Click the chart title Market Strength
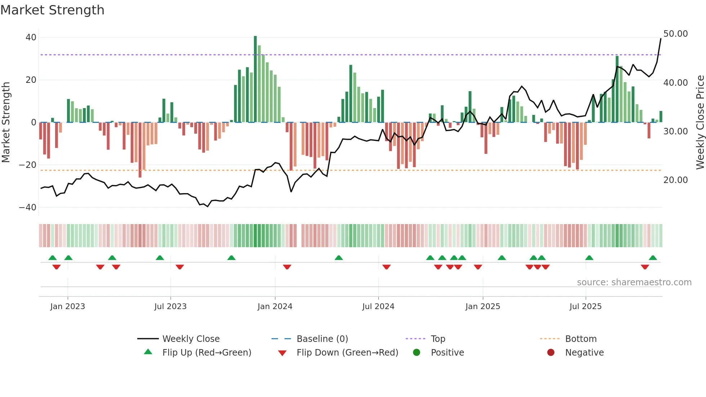point(52,10)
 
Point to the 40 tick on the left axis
point(31,37)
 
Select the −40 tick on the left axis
point(28,208)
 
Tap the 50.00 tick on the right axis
point(675,34)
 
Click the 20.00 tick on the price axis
point(675,180)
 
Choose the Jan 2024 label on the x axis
point(275,307)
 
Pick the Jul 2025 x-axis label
point(585,307)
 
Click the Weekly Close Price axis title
point(700,122)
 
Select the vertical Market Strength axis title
point(6,122)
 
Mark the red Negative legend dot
point(551,353)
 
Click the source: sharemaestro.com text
point(634,282)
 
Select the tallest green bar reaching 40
point(255,79)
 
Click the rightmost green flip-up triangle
point(653,258)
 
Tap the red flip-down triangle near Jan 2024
point(287,267)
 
